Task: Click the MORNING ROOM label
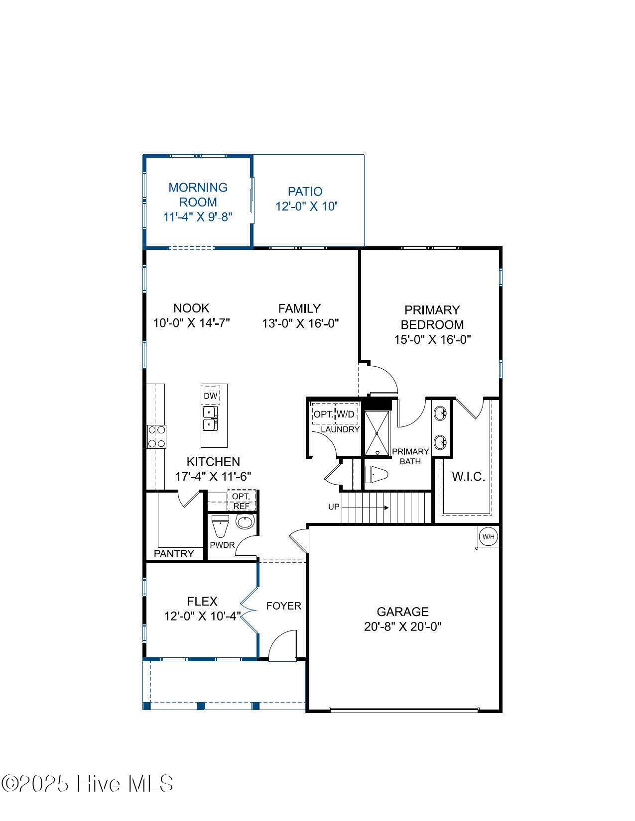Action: click(x=198, y=195)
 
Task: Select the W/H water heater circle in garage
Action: click(x=488, y=536)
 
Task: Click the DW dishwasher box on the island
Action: click(x=211, y=396)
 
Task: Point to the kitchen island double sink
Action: click(x=209, y=418)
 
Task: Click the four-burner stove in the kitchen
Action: click(x=156, y=437)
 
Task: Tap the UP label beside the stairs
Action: click(x=334, y=507)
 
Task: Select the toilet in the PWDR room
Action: click(x=220, y=525)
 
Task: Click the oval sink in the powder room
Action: click(x=245, y=521)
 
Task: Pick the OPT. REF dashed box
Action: click(x=242, y=501)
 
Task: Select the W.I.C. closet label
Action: click(x=468, y=477)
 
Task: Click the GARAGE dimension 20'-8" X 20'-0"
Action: click(x=402, y=626)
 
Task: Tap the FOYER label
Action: click(x=283, y=606)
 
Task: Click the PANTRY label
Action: click(x=174, y=553)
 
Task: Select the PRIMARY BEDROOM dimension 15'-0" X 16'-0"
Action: click(x=432, y=339)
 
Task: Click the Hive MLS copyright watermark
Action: click(x=87, y=784)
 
